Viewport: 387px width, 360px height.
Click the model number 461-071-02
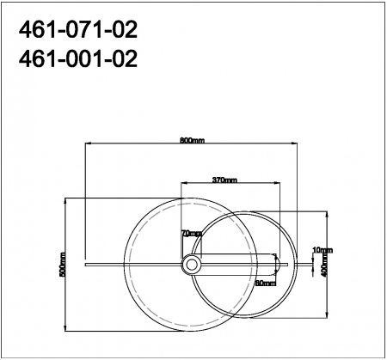pyautogui.click(x=77, y=31)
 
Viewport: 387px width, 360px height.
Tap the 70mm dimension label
pyautogui.click(x=191, y=234)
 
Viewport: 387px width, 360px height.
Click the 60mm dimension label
pyautogui.click(x=264, y=282)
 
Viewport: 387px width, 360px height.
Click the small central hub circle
pyautogui.click(x=190, y=265)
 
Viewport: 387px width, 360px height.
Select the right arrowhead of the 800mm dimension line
pyautogui.click(x=297, y=143)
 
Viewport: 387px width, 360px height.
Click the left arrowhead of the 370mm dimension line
pyautogui.click(x=181, y=184)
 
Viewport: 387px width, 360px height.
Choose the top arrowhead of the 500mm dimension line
pyautogui.click(x=65, y=199)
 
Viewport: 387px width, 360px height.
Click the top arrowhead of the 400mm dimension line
pyautogui.click(x=329, y=212)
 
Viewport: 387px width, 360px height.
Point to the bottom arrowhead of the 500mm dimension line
pyautogui.click(x=65, y=331)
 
